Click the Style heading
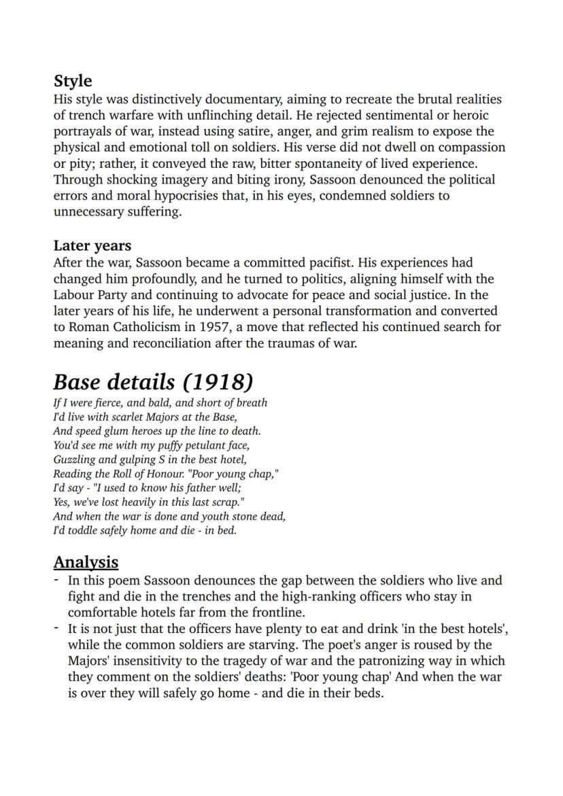pyautogui.click(x=73, y=81)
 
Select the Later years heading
pyautogui.click(x=92, y=245)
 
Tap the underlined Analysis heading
pyautogui.click(x=86, y=562)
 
